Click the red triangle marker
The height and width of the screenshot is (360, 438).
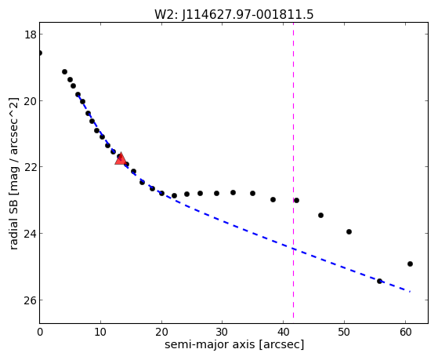click(x=121, y=158)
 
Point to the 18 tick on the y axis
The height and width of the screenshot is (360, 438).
click(x=30, y=35)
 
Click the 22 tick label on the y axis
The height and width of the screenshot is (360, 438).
click(x=30, y=167)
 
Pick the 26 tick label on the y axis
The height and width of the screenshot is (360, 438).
click(x=30, y=300)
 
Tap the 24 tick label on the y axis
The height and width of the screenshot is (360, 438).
click(x=30, y=233)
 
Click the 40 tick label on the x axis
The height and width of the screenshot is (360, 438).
click(x=283, y=332)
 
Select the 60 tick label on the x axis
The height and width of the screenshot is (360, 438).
click(x=405, y=332)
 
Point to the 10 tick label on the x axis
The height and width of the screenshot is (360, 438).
click(x=100, y=332)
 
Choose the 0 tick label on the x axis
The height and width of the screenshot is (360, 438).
click(x=40, y=332)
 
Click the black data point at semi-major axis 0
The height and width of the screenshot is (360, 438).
click(x=40, y=53)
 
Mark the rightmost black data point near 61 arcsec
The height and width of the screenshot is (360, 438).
click(x=410, y=264)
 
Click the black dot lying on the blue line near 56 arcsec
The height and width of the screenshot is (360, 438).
click(x=379, y=281)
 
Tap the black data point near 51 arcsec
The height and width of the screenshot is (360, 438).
click(x=349, y=231)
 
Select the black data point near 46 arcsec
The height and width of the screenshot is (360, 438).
click(x=320, y=215)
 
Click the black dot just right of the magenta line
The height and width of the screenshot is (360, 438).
click(x=296, y=200)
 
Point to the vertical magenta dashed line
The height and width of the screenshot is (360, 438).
click(x=293, y=170)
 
